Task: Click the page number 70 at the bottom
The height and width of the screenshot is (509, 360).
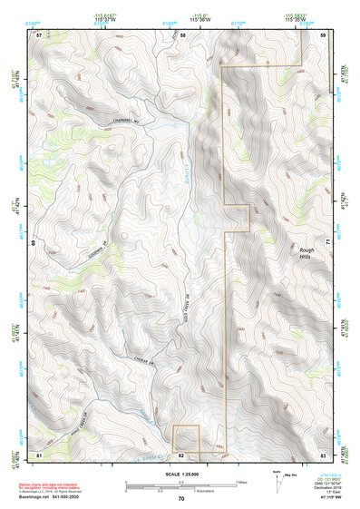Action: [180, 499]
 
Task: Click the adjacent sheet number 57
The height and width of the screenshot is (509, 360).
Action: [39, 34]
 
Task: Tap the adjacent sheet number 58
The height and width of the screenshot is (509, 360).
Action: [182, 34]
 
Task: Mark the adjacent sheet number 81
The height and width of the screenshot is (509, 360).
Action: [39, 453]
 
